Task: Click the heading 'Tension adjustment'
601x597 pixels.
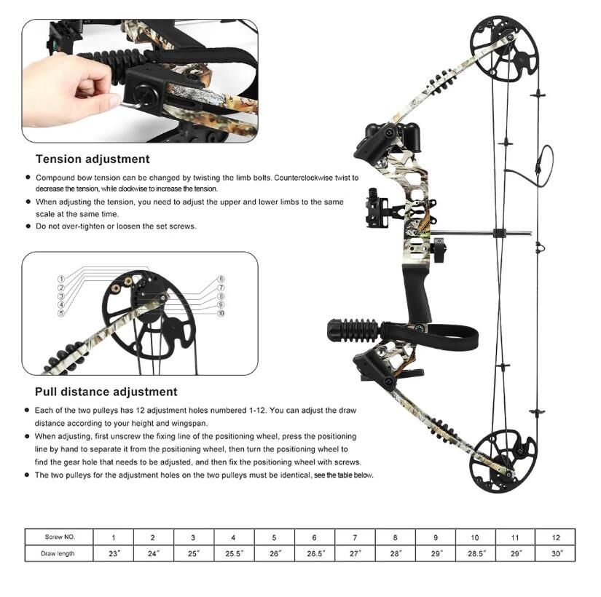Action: point(93,159)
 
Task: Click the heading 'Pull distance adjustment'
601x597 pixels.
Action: point(106,392)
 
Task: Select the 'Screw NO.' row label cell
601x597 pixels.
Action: point(60,537)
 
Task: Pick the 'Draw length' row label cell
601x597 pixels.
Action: point(58,553)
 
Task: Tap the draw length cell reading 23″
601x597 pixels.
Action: point(114,553)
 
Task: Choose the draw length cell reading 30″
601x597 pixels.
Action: point(556,553)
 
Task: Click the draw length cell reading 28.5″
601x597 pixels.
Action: point(476,553)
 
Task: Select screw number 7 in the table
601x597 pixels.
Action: point(355,537)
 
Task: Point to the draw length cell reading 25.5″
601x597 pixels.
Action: point(233,553)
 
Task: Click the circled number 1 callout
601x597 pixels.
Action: point(61,279)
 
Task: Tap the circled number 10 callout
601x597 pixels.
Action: point(221,313)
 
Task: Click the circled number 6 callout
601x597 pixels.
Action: point(221,279)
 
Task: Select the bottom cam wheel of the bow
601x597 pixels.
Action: point(503,461)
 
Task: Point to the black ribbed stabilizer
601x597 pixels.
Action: point(355,331)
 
